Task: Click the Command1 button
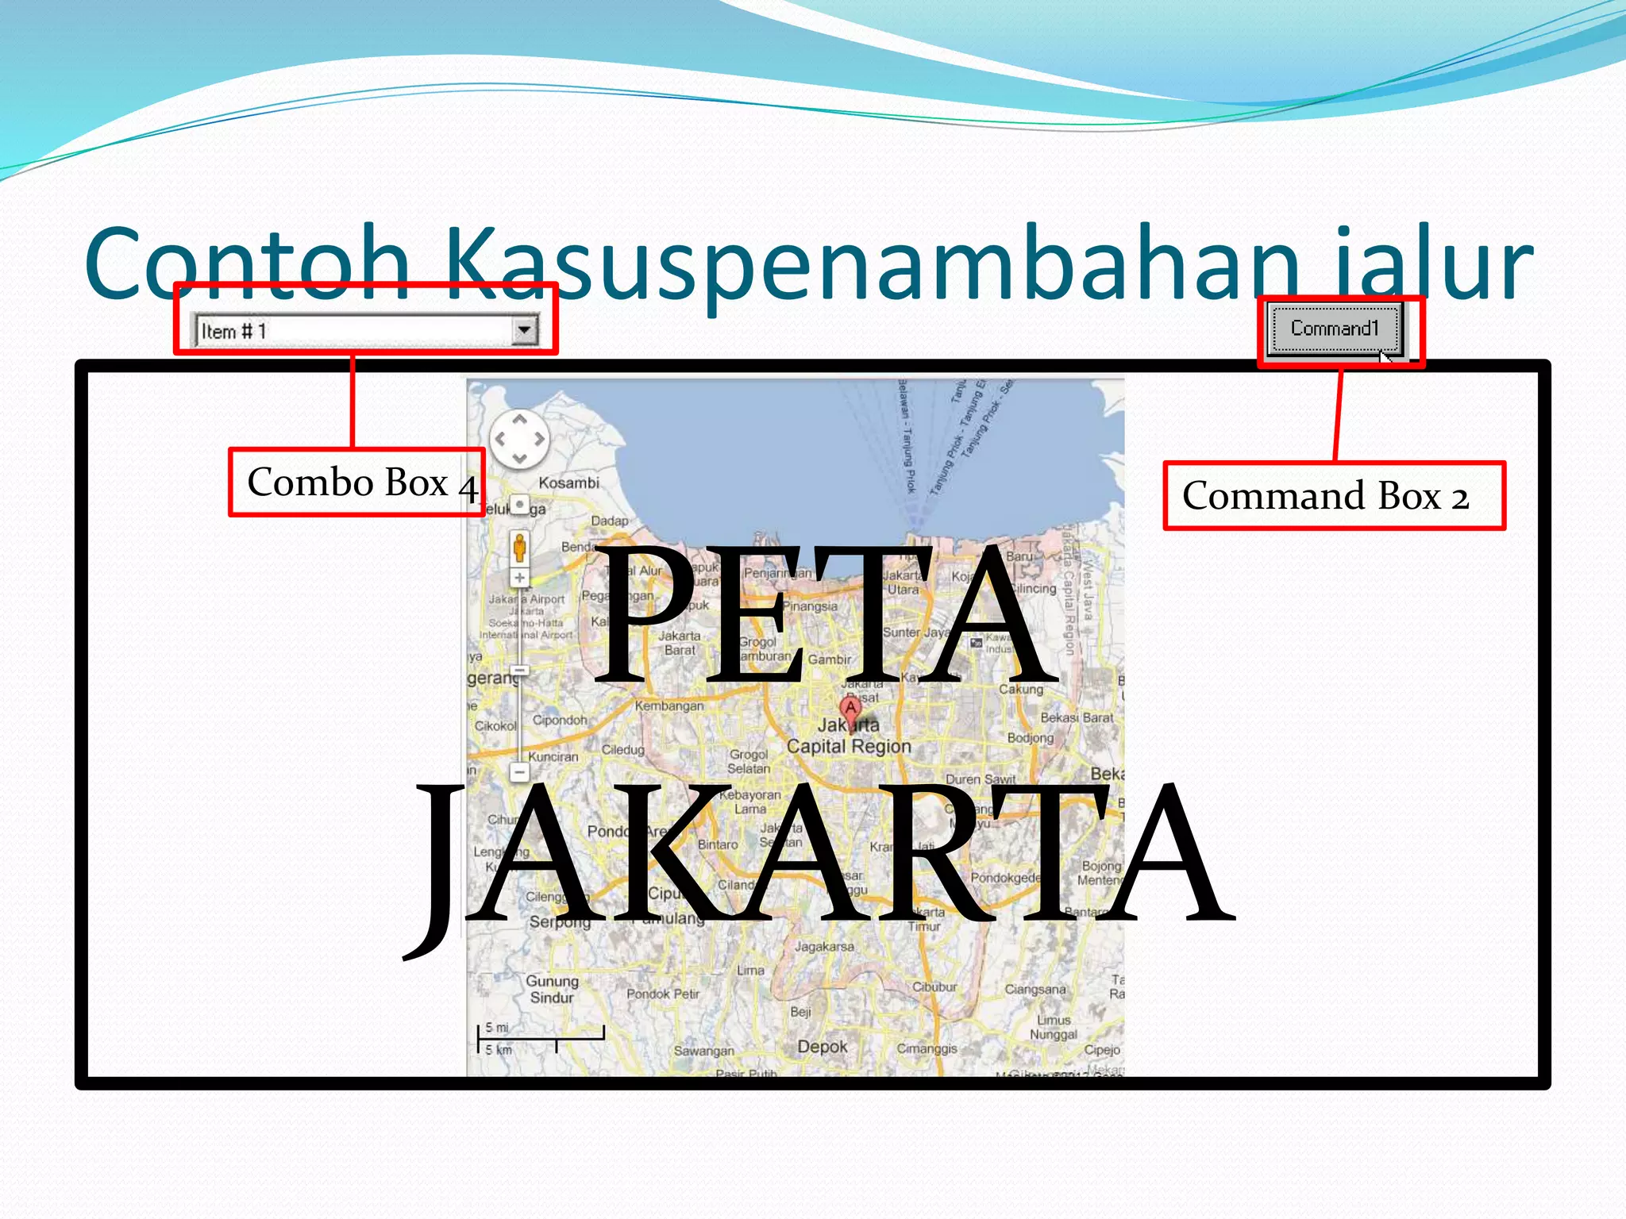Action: (1334, 329)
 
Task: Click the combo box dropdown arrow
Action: (524, 330)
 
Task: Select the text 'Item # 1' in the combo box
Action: (234, 331)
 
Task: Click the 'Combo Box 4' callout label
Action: (356, 483)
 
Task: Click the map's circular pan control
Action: (519, 439)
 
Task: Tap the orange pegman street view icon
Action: (519, 548)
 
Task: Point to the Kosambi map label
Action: (568, 483)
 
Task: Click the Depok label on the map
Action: (823, 1047)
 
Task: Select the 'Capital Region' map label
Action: (849, 747)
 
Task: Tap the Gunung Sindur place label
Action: (552, 990)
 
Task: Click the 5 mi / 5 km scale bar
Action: (540, 1036)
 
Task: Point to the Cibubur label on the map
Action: (934, 987)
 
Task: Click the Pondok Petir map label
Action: (663, 994)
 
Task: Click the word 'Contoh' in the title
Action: (246, 262)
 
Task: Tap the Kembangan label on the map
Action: (669, 706)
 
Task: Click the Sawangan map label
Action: (704, 1051)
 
